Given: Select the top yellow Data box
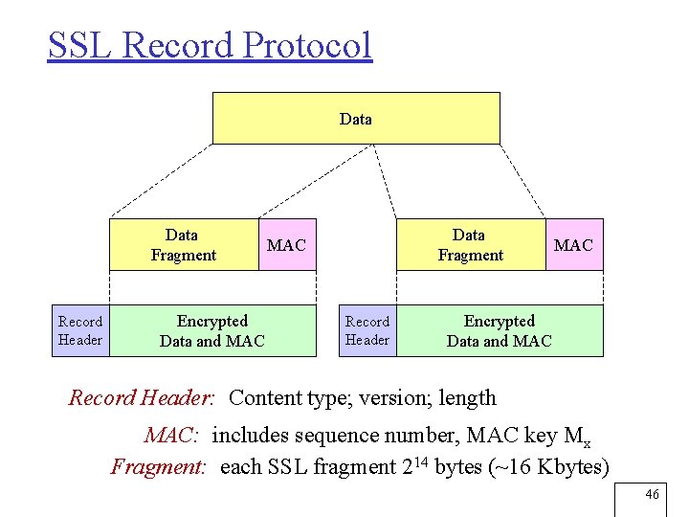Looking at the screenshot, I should [356, 118].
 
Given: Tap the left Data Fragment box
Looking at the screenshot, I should [184, 245].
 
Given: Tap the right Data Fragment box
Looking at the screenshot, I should [470, 245].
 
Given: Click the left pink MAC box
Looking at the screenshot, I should [287, 245].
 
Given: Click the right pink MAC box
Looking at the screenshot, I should [574, 245].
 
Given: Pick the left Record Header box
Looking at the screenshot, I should [80, 330].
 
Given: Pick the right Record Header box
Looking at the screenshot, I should [367, 330].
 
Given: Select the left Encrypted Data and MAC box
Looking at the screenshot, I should [212, 330].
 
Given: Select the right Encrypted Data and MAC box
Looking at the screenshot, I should [500, 330].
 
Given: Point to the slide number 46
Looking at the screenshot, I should [653, 494].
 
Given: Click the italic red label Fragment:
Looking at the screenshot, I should [159, 467].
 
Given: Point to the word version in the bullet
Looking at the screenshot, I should [393, 397].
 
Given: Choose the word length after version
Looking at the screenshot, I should [468, 397].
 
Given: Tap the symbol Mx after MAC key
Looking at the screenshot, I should [578, 438].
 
